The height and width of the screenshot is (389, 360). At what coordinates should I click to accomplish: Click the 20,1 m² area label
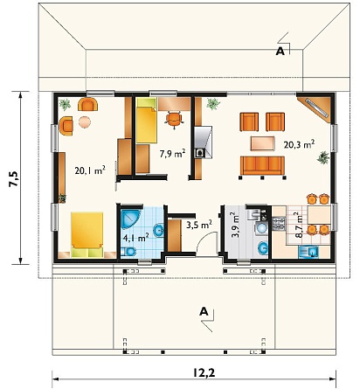pyautogui.click(x=90, y=170)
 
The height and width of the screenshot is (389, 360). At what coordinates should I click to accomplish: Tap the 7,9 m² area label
pyautogui.click(x=172, y=153)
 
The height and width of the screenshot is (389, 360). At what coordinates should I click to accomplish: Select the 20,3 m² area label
pyautogui.click(x=299, y=144)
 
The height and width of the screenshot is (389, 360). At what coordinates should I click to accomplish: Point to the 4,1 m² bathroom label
pyautogui.click(x=135, y=238)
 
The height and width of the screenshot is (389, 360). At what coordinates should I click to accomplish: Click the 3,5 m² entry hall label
pyautogui.click(x=199, y=225)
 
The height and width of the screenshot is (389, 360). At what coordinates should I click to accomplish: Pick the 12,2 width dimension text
pyautogui.click(x=204, y=372)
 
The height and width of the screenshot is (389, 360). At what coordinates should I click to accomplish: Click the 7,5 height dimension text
pyautogui.click(x=14, y=178)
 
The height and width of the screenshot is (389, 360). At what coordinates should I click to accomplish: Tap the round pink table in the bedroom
pyautogui.click(x=85, y=122)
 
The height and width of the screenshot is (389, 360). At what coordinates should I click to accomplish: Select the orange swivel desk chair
pyautogui.click(x=174, y=120)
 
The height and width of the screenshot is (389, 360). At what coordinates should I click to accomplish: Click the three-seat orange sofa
pyautogui.click(x=262, y=165)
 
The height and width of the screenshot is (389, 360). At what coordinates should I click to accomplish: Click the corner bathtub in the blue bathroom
pyautogui.click(x=130, y=219)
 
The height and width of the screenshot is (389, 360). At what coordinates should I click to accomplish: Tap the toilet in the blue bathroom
pyautogui.click(x=128, y=251)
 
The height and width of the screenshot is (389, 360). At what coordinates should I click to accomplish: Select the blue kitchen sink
pyautogui.click(x=308, y=252)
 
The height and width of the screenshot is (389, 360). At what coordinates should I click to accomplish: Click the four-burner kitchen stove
pyautogui.click(x=279, y=224)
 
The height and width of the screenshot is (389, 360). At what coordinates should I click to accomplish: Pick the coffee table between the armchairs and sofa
pyautogui.click(x=263, y=143)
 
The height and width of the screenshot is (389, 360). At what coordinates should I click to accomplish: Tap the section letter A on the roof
pyautogui.click(x=280, y=52)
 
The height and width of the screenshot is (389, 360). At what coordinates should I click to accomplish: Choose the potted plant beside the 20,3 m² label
pyautogui.click(x=323, y=158)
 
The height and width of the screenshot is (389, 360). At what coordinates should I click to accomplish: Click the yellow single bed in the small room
pyautogui.click(x=147, y=125)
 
